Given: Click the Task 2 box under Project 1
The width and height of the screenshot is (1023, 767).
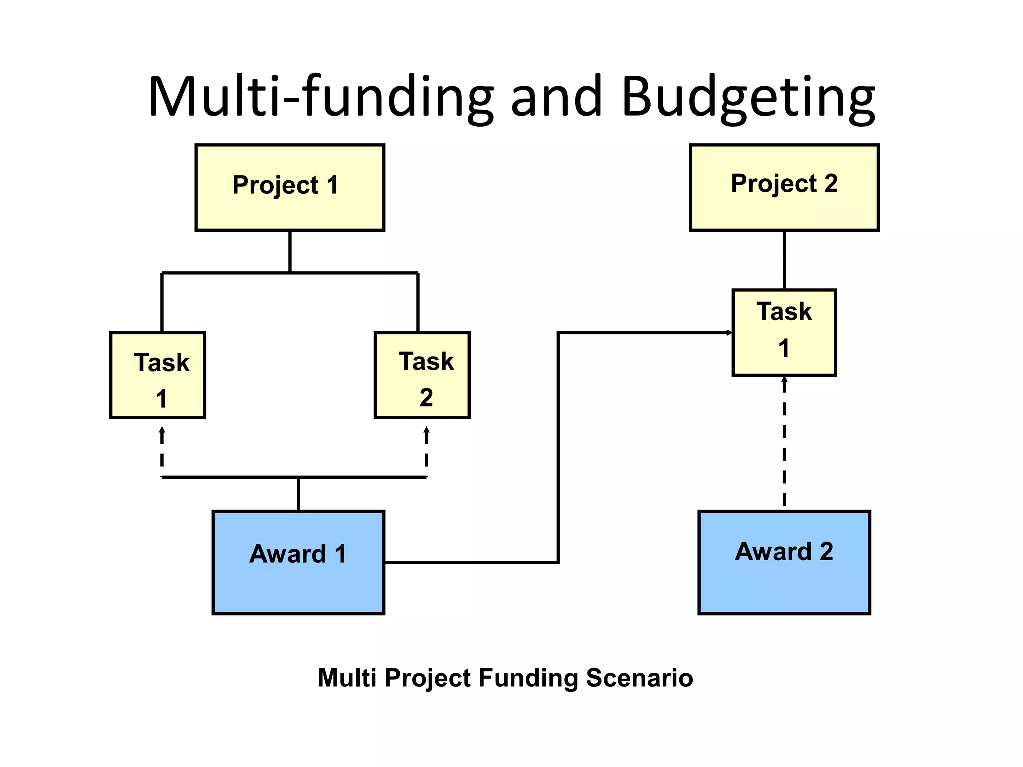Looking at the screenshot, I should [422, 375].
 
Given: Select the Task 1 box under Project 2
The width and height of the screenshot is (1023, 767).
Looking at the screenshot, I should [784, 332].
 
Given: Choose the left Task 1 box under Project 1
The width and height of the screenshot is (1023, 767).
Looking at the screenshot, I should [157, 375].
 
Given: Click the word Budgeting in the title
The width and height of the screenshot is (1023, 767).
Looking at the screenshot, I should [748, 97].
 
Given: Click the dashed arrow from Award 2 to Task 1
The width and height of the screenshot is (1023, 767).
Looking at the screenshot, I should [784, 444].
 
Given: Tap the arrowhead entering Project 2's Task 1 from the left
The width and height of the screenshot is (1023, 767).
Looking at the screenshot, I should [729, 333].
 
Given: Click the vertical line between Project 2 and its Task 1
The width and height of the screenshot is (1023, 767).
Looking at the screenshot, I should [784, 260].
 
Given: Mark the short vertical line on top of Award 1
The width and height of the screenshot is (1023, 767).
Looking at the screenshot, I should [298, 494].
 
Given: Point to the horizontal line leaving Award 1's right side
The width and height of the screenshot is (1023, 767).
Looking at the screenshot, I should [470, 563].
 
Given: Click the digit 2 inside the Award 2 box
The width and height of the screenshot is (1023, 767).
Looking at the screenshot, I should [826, 552].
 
